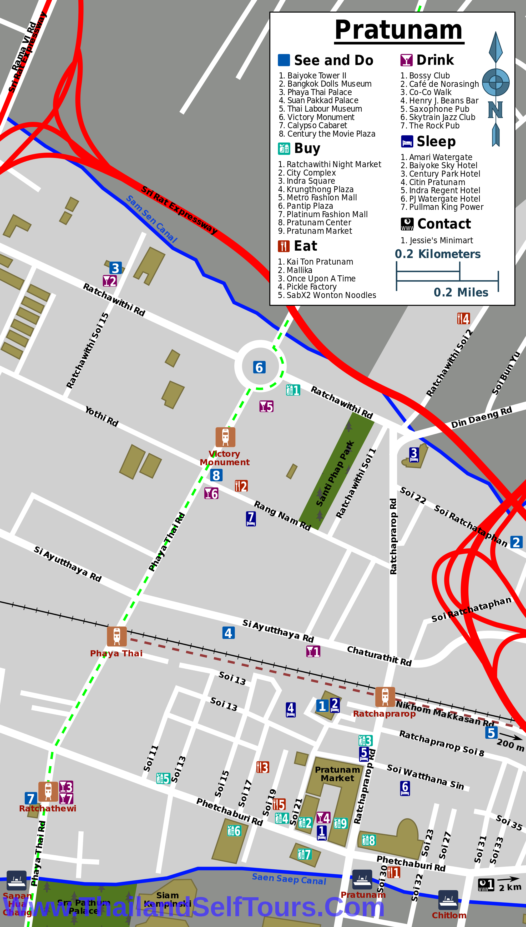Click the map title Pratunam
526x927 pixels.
[x=398, y=30]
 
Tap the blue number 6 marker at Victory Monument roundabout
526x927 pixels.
[x=259, y=367]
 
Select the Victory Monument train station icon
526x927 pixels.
[x=225, y=437]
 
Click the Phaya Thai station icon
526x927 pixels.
[x=117, y=636]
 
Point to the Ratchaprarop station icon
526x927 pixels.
[x=385, y=697]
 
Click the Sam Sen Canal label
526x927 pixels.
[x=151, y=219]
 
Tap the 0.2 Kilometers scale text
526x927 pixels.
[x=437, y=254]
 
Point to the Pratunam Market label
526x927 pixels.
[x=337, y=774]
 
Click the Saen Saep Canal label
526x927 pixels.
[x=289, y=879]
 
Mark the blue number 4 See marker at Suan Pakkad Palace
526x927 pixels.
[x=228, y=633]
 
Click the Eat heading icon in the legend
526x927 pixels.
[x=284, y=246]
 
